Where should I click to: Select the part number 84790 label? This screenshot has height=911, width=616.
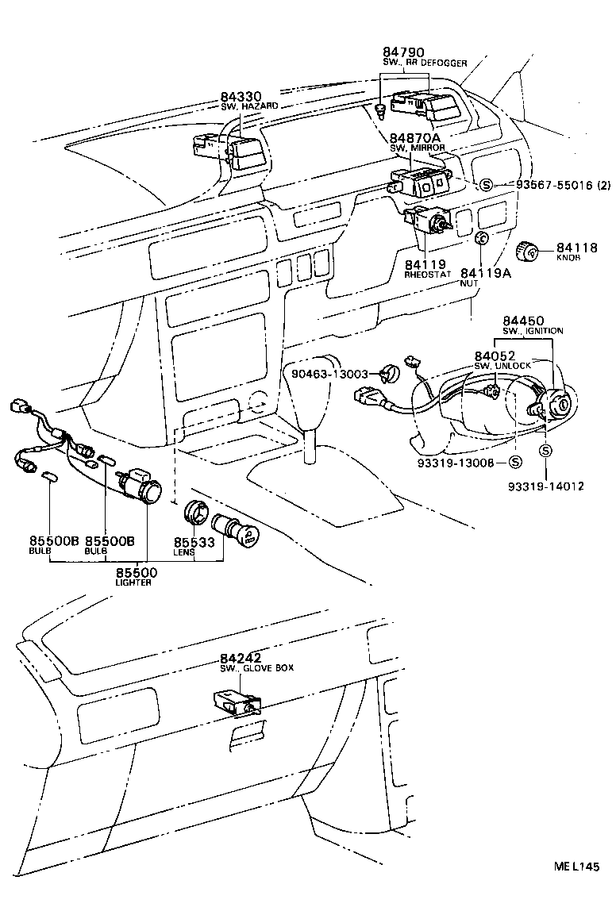pyautogui.click(x=404, y=52)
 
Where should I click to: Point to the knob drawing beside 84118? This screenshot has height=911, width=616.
pyautogui.click(x=528, y=252)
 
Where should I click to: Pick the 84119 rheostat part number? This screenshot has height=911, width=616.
pyautogui.click(x=425, y=263)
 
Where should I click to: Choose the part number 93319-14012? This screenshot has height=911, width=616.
pyautogui.click(x=546, y=486)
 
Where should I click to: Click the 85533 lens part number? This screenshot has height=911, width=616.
pyautogui.click(x=194, y=541)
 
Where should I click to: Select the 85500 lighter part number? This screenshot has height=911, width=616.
pyautogui.click(x=137, y=572)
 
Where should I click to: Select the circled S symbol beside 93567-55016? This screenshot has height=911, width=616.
pyautogui.click(x=487, y=185)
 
